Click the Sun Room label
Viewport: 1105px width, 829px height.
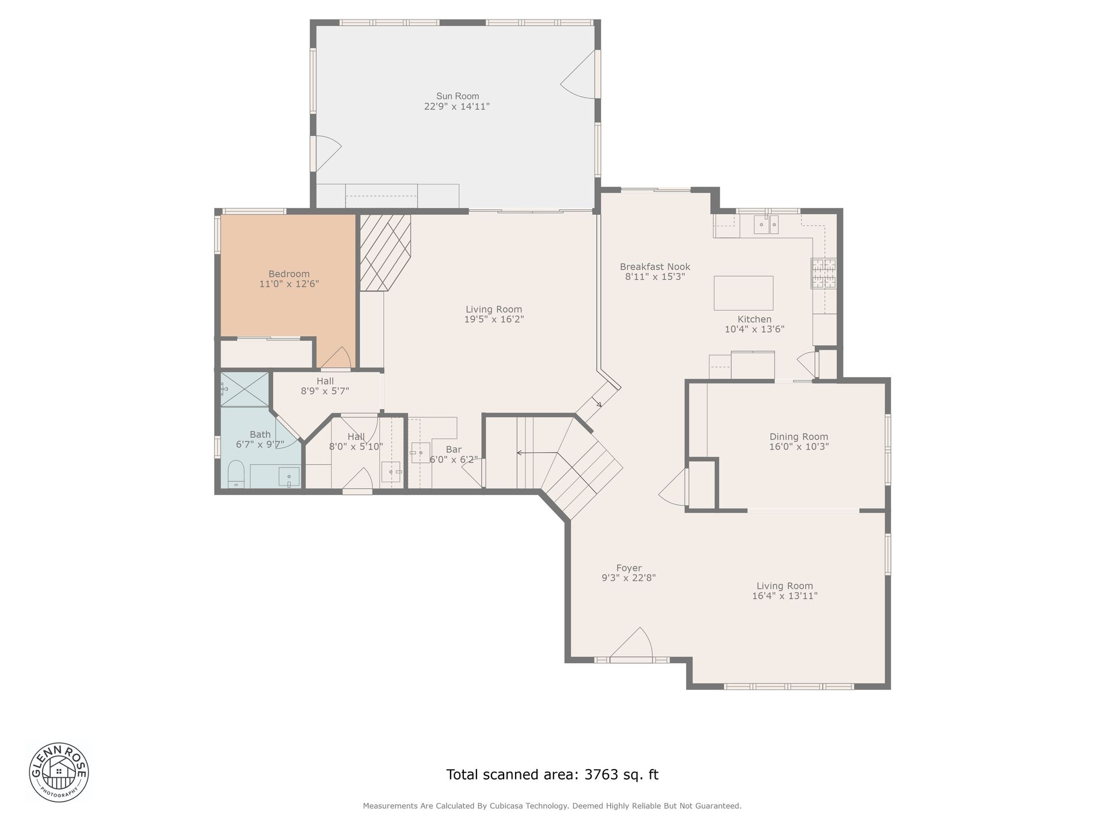click(x=458, y=96)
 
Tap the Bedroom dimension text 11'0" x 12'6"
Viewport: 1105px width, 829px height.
click(x=289, y=284)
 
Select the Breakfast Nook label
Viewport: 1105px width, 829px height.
click(x=655, y=267)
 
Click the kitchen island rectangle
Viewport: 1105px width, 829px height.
click(x=744, y=293)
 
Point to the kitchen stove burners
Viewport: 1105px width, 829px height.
click(x=823, y=273)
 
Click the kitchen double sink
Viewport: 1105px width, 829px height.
click(x=767, y=225)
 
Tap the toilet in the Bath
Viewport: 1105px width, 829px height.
click(x=236, y=474)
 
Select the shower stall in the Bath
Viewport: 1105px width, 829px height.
click(x=245, y=389)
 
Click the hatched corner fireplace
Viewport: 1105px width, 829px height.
click(x=384, y=252)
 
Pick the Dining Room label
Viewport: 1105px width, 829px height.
click(x=799, y=436)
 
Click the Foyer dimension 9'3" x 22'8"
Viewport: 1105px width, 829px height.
click(x=628, y=577)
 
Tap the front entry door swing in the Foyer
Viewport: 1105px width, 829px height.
click(x=631, y=642)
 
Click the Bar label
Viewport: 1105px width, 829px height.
click(x=454, y=449)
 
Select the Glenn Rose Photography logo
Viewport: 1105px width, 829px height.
click(x=59, y=771)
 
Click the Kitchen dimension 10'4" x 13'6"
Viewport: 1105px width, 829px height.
click(x=755, y=329)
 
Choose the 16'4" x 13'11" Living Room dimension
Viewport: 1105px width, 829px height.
click(x=784, y=596)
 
